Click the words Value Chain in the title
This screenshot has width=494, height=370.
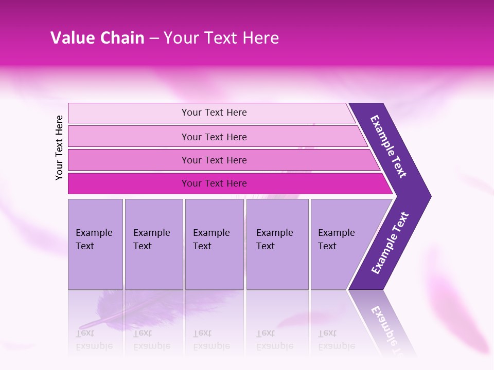(97, 38)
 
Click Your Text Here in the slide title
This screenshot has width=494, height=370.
(221, 38)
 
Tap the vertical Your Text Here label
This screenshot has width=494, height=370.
(59, 147)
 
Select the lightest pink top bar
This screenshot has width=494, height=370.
(214, 113)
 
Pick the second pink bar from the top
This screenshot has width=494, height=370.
(214, 137)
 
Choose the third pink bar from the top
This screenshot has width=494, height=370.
(214, 160)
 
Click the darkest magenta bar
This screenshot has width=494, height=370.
(214, 183)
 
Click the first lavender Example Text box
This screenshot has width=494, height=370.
(95, 244)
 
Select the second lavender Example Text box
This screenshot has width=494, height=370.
(153, 244)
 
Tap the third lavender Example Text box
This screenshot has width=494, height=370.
(214, 244)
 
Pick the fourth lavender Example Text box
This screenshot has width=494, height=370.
(277, 244)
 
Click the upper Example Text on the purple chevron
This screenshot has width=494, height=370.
(389, 146)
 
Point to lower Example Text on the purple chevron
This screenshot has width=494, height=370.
(390, 243)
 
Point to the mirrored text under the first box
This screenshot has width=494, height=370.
(94, 340)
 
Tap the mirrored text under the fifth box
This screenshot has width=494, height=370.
(337, 340)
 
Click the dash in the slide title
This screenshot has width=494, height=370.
(154, 39)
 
